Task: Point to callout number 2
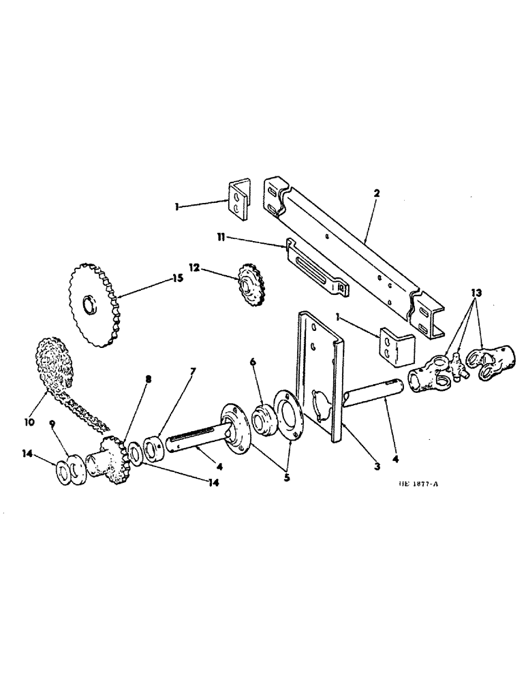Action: [377, 193]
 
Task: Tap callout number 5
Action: [287, 477]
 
